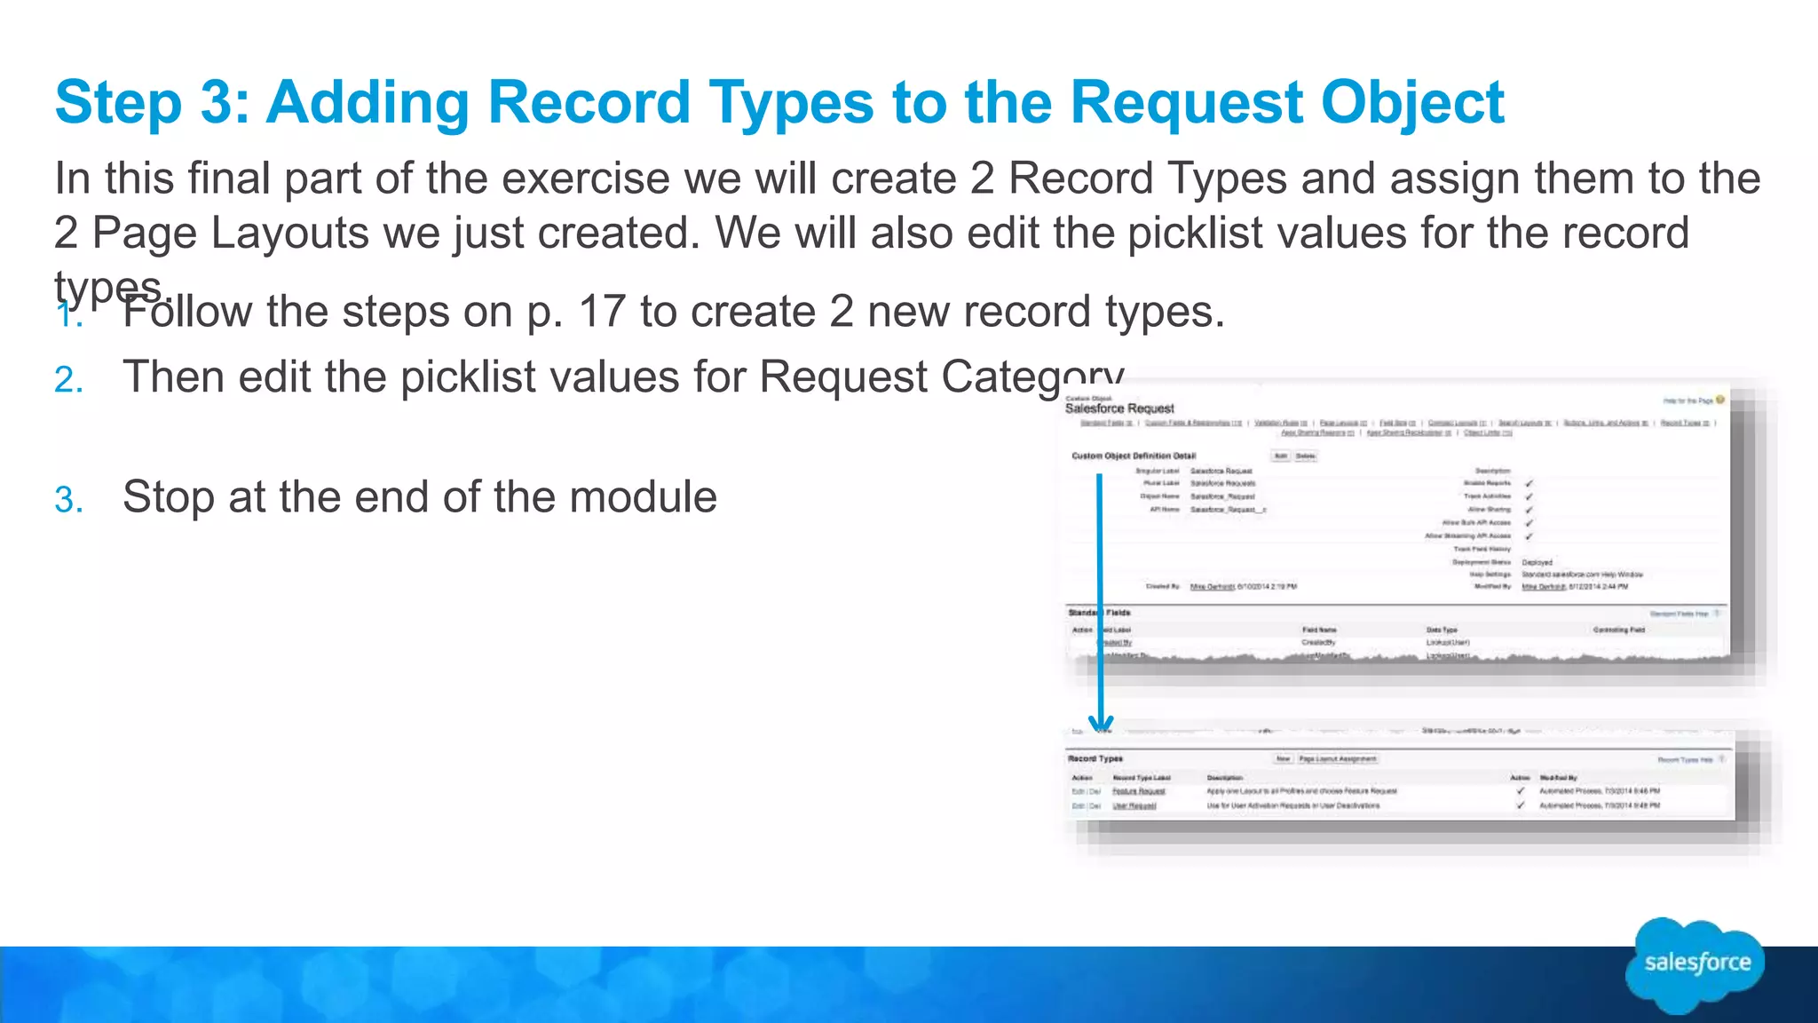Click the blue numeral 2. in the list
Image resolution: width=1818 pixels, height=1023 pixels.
[x=68, y=380]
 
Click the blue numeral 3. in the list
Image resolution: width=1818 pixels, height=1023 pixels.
[x=68, y=500]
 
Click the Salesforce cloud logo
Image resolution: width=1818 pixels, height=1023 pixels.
[x=1696, y=964]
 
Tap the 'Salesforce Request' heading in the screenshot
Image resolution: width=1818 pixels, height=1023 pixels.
[x=1119, y=408]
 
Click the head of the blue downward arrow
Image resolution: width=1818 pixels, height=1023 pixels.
[x=1101, y=723]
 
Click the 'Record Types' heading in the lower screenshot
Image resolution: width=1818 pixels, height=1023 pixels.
[x=1095, y=758]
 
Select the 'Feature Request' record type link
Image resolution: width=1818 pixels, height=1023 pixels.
[x=1139, y=790]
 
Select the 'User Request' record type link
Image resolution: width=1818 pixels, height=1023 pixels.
[x=1134, y=805]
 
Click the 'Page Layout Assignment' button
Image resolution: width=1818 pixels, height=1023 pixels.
[x=1338, y=759]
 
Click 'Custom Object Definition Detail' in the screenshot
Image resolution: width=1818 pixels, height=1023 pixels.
[x=1134, y=456]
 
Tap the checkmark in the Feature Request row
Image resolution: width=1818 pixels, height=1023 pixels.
[x=1521, y=790]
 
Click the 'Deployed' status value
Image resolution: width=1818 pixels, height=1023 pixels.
[x=1537, y=562]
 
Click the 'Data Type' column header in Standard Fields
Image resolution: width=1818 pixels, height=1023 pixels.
[x=1442, y=630]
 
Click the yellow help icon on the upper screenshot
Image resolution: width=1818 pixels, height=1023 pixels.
[x=1719, y=400]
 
